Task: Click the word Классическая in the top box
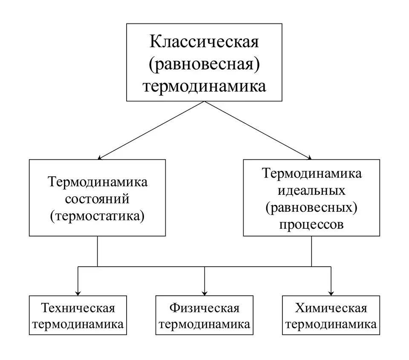coord(204,43)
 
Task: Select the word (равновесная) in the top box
coord(204,64)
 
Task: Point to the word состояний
coord(98,199)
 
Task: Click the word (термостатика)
coord(98,216)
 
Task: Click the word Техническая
coord(78,308)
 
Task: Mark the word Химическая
coord(331,308)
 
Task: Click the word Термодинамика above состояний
coord(98,182)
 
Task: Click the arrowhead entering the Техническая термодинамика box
coord(78,292)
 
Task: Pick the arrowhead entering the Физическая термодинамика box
coord(204,292)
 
